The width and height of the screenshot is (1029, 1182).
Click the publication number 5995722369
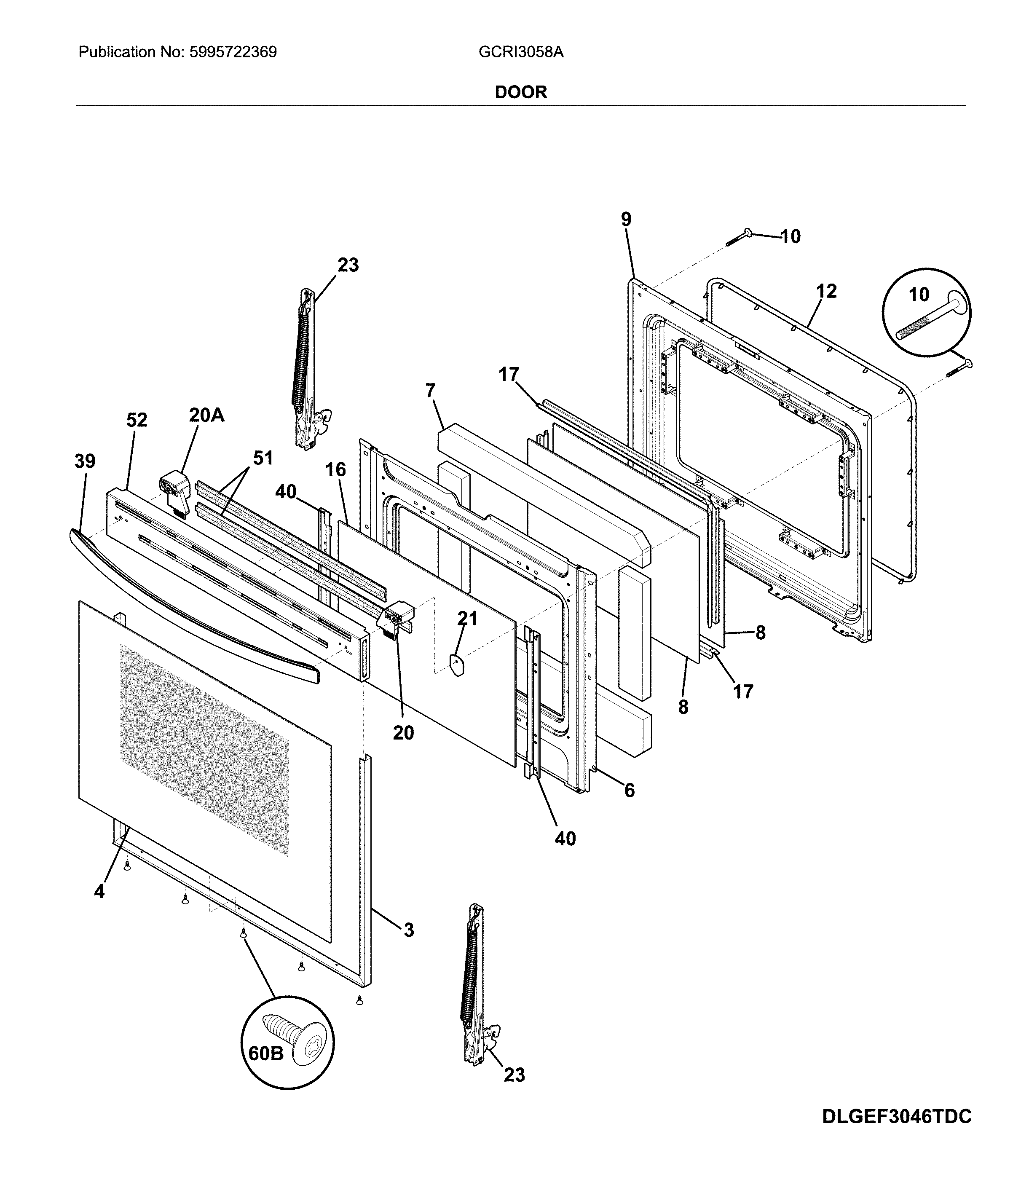point(233,52)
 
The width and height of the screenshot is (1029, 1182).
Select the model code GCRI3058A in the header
point(521,52)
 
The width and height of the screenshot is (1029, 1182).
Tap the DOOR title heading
point(521,92)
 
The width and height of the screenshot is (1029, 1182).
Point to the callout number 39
point(85,461)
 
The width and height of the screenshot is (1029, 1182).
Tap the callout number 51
point(263,458)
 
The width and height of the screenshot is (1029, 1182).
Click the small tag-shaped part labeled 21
point(457,666)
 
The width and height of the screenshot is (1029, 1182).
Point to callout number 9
point(626,219)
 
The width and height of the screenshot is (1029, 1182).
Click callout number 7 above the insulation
point(430,391)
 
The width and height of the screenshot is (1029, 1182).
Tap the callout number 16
point(336,469)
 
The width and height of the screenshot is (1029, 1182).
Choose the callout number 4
point(99,891)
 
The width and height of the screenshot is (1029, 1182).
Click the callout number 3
point(408,930)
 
